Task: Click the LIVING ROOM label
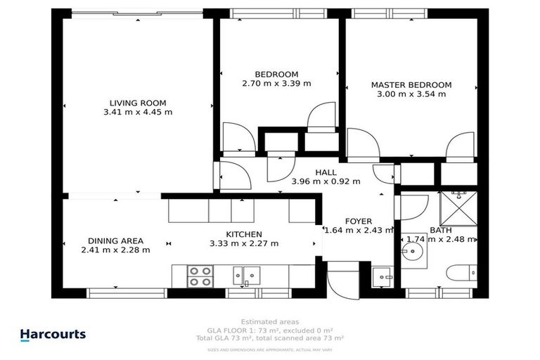(138, 103)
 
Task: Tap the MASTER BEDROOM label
(411, 85)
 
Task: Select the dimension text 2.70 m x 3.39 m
(276, 83)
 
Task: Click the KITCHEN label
(244, 234)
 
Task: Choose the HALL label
(326, 172)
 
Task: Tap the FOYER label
(358, 221)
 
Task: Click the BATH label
(441, 230)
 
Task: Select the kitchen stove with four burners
(200, 276)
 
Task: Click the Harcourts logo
(53, 335)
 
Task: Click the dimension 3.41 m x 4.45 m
(138, 112)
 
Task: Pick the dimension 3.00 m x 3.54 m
(411, 94)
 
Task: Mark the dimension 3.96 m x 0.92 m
(326, 181)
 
